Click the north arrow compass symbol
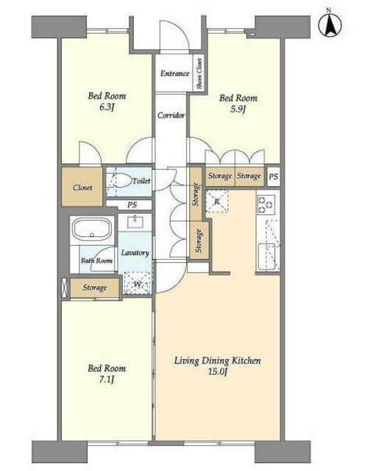330,24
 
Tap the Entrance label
175,74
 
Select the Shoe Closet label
199,74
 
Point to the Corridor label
171,115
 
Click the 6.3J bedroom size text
107,107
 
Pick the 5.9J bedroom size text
238,109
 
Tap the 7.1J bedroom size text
107,380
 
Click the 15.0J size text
218,372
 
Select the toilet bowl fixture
123,180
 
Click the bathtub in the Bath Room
92,230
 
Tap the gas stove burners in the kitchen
266,204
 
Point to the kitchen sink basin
266,256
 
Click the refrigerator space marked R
217,201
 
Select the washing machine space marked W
138,283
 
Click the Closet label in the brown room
82,188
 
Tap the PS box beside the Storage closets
273,177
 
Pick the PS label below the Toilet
132,205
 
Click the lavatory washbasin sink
135,222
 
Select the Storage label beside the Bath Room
95,288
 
